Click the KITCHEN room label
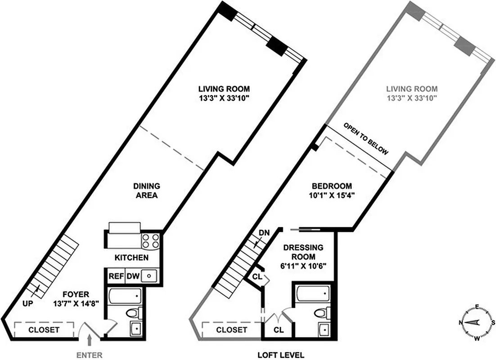coord(131,258)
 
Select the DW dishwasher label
coord(132,276)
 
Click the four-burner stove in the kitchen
coord(151,241)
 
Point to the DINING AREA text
coord(146,190)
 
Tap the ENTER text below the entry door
coord(89,355)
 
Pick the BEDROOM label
coord(332,186)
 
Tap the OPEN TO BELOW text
coord(365,138)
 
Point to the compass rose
coord(476,322)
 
